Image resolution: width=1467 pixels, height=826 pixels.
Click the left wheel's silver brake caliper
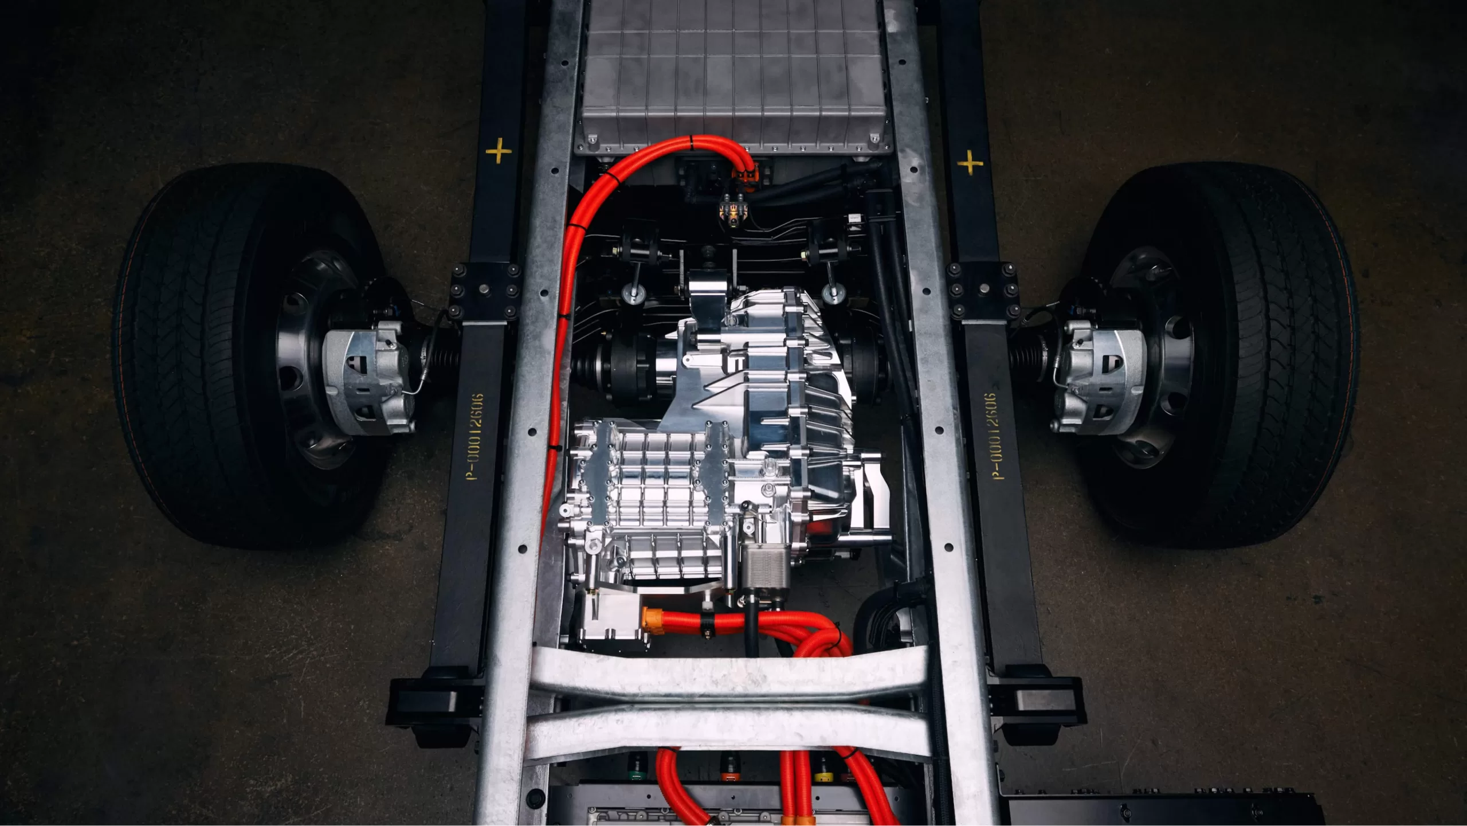pos(367,375)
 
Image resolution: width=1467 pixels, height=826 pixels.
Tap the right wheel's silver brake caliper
pos(1097,375)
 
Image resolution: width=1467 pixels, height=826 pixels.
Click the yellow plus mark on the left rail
pos(499,151)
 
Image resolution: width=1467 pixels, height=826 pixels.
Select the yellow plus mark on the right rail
pos(970,163)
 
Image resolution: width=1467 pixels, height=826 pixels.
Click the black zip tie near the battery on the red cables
pos(692,140)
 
